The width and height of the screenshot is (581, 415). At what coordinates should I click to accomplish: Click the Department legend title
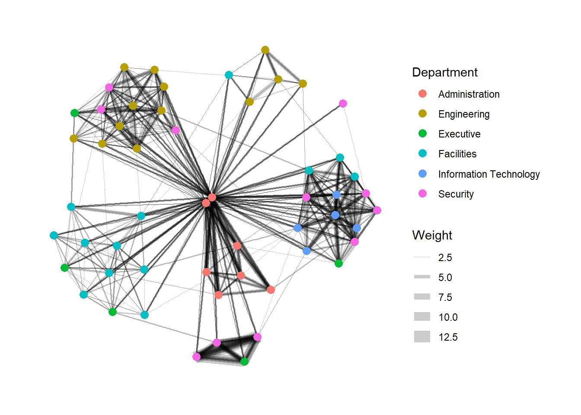tap(445, 73)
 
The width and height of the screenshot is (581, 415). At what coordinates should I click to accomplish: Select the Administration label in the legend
tap(469, 94)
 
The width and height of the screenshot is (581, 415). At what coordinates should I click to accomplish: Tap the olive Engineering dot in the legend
tap(423, 114)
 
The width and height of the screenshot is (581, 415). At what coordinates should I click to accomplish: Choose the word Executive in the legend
tap(459, 134)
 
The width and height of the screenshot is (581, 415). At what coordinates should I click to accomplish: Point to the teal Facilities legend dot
tap(423, 153)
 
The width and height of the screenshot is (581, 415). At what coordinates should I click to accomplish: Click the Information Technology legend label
tap(488, 174)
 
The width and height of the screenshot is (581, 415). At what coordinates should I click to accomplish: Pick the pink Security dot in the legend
tap(423, 194)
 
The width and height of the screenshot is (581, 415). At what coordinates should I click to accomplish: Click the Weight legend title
tap(432, 236)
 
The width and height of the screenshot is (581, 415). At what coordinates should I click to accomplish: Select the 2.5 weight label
tap(445, 258)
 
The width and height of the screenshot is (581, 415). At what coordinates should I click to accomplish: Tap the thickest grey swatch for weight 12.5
tap(422, 337)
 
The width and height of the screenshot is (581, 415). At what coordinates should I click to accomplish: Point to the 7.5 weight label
tap(445, 297)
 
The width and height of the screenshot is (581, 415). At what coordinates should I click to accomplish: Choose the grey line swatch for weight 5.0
tap(422, 277)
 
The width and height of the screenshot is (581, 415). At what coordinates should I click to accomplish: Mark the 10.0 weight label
tap(448, 317)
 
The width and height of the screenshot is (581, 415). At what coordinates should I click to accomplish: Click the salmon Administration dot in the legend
tap(423, 94)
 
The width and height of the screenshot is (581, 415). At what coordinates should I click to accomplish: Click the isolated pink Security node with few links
tap(343, 103)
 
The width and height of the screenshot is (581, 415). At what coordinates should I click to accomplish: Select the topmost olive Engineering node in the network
tap(265, 50)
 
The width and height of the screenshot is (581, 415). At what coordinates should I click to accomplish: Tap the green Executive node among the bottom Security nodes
tap(244, 361)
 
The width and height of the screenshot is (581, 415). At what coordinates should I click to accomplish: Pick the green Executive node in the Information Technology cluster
tap(339, 263)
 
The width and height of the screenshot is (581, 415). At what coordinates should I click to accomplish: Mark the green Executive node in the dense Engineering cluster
tap(74, 113)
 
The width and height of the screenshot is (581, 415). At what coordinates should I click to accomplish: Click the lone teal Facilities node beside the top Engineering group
tap(229, 75)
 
